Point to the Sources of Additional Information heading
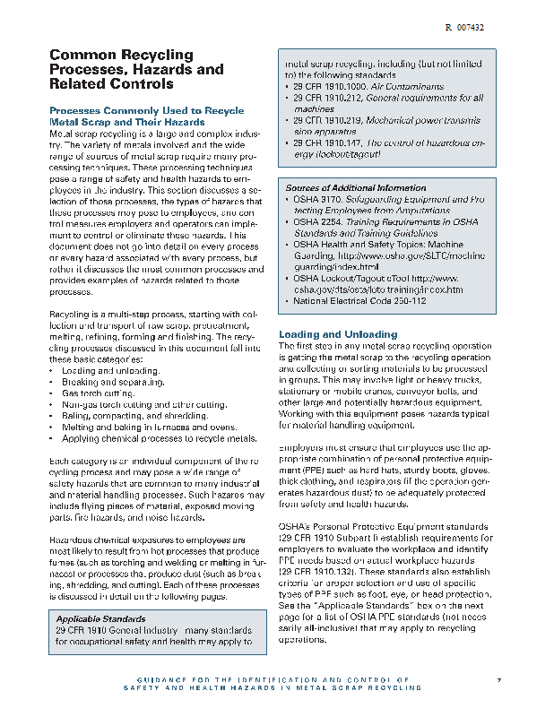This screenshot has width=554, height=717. (x=343, y=188)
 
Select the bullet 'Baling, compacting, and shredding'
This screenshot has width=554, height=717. (x=134, y=416)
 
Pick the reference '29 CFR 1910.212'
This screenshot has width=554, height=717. (x=324, y=98)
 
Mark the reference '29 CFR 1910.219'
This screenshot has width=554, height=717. (x=324, y=120)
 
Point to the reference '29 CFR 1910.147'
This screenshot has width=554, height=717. (x=324, y=143)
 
